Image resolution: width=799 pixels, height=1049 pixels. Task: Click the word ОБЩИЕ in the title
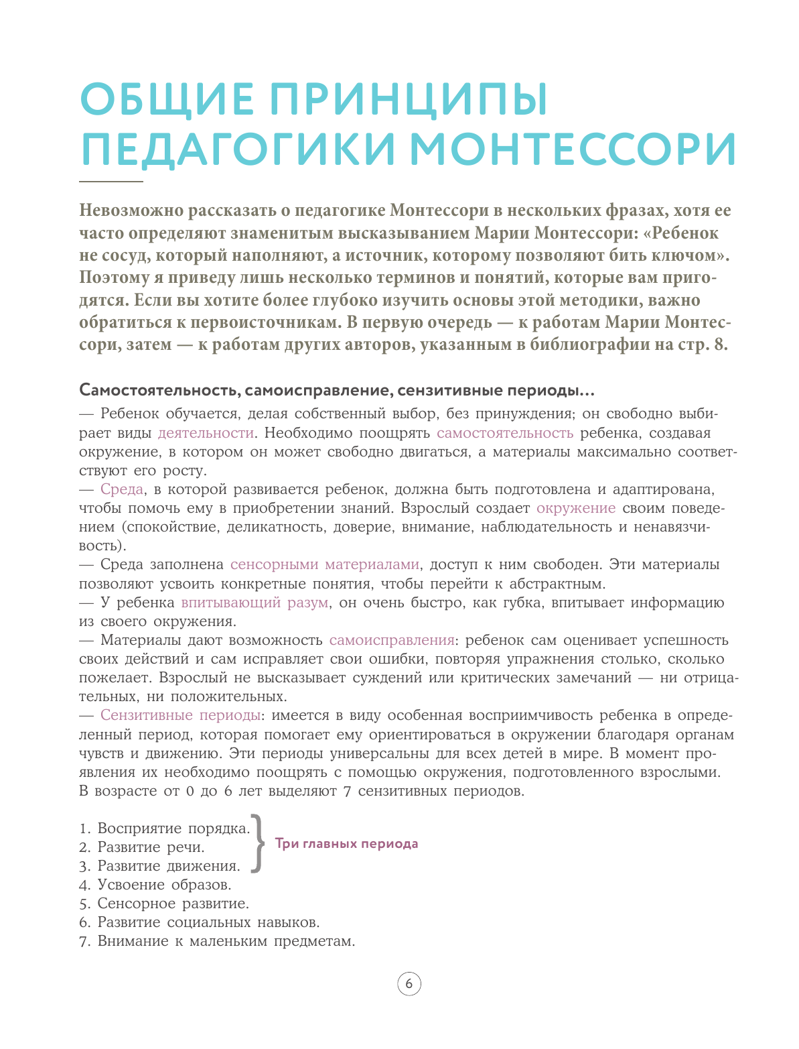(x=167, y=99)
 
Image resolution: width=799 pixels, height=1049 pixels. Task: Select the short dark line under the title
(x=111, y=182)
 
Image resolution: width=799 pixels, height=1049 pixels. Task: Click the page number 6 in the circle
(x=409, y=985)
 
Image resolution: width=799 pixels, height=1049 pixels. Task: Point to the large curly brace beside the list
(x=257, y=843)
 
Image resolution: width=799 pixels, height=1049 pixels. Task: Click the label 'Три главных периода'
(x=346, y=844)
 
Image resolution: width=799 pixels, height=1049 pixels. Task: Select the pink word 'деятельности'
(x=206, y=433)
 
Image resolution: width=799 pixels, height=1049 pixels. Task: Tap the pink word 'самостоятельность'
(x=505, y=433)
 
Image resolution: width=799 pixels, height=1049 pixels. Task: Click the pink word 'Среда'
(x=122, y=489)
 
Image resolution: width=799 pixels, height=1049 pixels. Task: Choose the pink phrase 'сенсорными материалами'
(x=325, y=564)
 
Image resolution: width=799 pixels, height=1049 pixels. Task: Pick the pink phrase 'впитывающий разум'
(x=255, y=603)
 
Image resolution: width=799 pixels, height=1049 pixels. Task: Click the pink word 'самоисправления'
(x=392, y=640)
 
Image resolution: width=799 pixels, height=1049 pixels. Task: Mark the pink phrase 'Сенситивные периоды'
(x=180, y=715)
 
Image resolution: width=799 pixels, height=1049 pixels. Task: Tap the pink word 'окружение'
(x=576, y=508)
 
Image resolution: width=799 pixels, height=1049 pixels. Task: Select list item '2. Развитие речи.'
(x=142, y=847)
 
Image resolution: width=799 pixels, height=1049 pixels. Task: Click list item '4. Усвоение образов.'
(x=155, y=885)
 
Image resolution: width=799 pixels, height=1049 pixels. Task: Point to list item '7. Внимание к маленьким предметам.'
(x=217, y=941)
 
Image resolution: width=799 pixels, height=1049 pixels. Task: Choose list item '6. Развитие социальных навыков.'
(x=200, y=922)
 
